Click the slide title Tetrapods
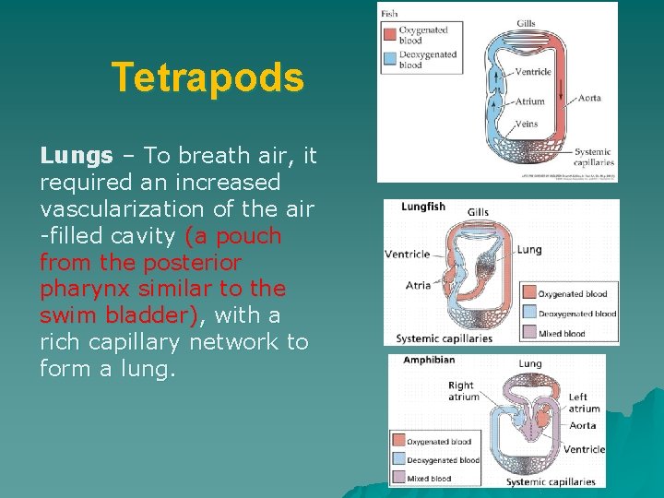(207, 78)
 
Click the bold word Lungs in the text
(77, 155)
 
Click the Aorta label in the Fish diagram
(589, 99)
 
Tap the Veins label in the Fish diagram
(527, 125)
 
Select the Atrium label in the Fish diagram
(529, 101)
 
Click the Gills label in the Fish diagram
(526, 24)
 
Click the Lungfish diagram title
(424, 207)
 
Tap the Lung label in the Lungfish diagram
(529, 249)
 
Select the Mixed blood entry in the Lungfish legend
(563, 334)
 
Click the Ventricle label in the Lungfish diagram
(407, 255)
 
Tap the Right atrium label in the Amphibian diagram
(463, 391)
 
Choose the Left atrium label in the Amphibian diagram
(584, 402)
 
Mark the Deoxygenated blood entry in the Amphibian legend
(443, 460)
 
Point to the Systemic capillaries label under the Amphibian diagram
(551, 481)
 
